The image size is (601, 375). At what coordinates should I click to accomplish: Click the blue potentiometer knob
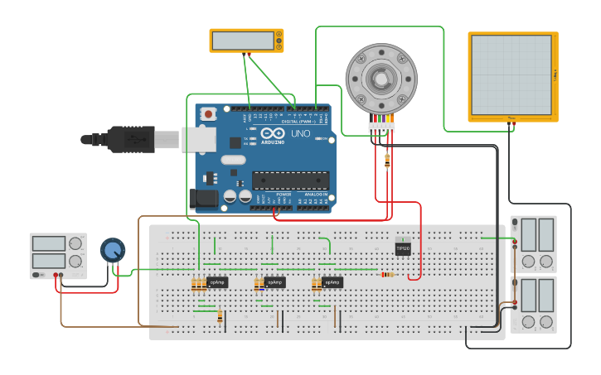113,249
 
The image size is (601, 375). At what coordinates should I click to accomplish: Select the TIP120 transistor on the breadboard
403,247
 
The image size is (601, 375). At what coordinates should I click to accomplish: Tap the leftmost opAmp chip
218,282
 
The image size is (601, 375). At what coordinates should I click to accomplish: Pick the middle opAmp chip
274,282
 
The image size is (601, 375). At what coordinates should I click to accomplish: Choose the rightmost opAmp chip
332,282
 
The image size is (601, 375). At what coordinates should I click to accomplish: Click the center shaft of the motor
380,79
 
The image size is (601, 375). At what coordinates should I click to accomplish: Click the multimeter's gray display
242,40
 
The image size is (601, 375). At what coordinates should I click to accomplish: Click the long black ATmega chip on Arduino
290,180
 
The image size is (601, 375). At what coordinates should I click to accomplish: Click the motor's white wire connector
382,127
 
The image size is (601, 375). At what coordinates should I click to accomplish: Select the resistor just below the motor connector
387,161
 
